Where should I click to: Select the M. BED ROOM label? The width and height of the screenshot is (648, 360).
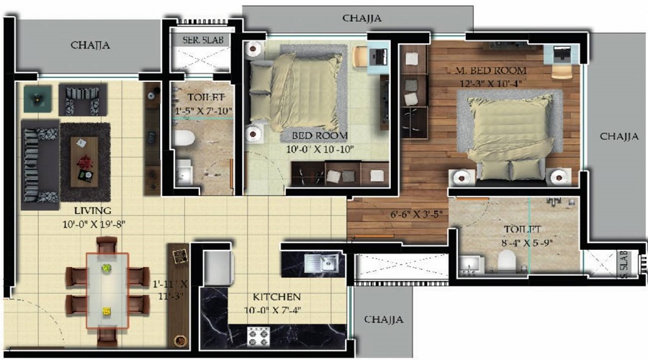tap(491, 71)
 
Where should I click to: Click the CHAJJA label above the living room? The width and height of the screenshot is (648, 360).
tap(90, 45)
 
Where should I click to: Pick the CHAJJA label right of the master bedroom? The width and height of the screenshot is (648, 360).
tap(619, 135)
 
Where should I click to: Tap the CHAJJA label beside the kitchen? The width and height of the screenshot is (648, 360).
tap(383, 320)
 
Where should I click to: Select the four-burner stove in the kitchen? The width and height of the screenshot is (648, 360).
tap(261, 335)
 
